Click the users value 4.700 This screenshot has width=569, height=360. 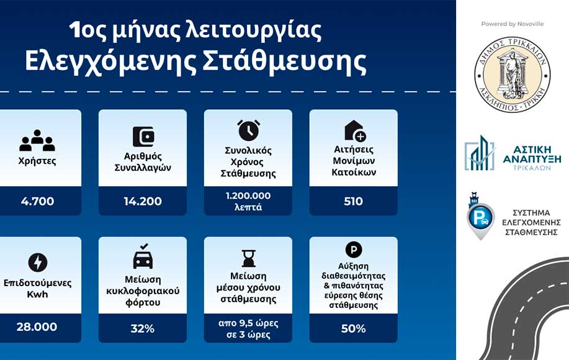37,201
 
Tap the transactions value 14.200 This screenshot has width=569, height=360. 143,201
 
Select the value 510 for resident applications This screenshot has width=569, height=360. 354,201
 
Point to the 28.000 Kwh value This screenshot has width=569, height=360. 37,326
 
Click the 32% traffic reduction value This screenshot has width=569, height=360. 143,328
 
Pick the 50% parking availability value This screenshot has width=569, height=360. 354,328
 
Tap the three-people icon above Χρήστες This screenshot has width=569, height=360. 37,140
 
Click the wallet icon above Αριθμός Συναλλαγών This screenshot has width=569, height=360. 143,137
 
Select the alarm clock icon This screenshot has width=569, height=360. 249,130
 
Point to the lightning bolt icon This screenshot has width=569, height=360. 38,262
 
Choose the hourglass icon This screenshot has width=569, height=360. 249,258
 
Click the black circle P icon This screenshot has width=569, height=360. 354,250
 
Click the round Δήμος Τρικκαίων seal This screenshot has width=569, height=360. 512,74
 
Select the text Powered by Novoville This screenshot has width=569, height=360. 513,24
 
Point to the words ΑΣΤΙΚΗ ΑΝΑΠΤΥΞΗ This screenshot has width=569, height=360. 532,154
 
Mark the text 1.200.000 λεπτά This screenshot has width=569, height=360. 248,201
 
